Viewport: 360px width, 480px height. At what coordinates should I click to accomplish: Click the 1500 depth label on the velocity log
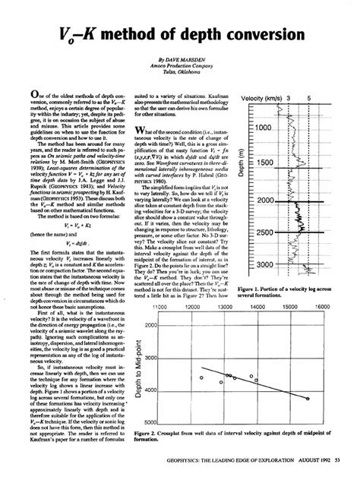pyautogui.click(x=267, y=164)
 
